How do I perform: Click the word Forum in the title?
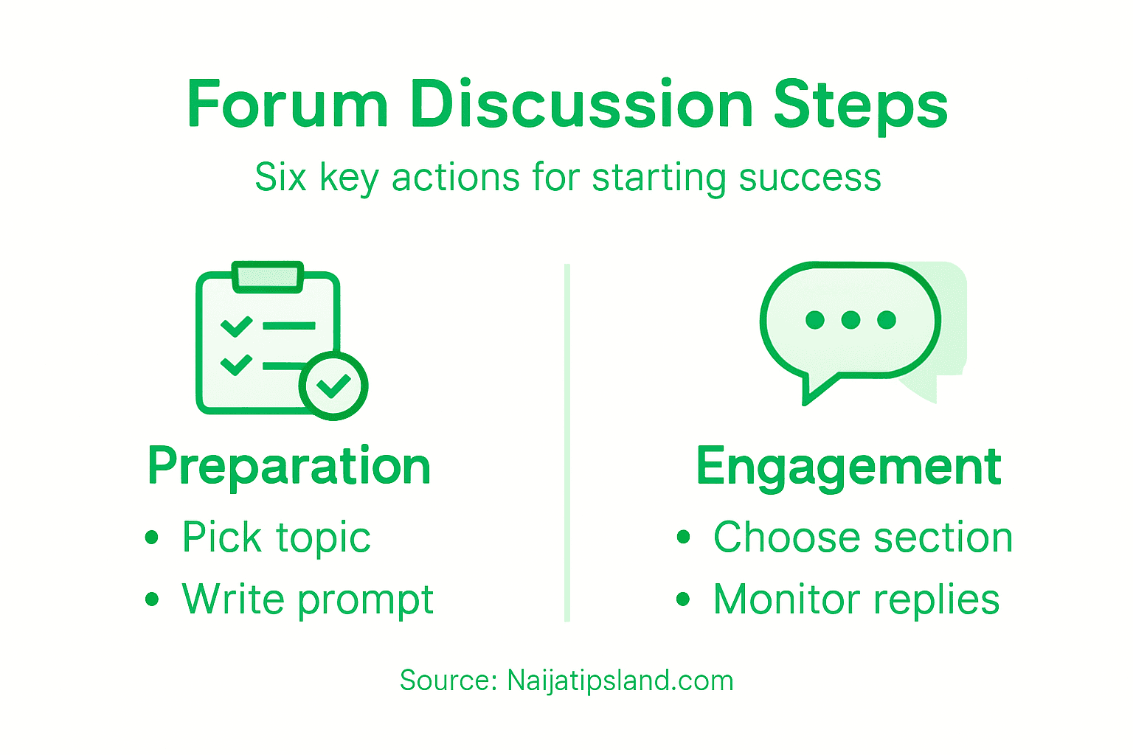coord(288,105)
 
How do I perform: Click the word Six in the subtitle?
coord(280,178)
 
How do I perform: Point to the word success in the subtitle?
coord(810,178)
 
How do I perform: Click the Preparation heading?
coord(289,467)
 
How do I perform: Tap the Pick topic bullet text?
coord(276,537)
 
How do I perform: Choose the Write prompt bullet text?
coord(308,599)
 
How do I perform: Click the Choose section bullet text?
coord(863,537)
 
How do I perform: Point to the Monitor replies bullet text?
coord(856,599)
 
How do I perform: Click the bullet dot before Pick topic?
coord(152,537)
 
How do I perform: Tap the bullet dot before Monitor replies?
coord(683,599)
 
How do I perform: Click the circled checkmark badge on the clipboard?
coord(333,386)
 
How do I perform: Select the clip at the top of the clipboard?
coord(268,276)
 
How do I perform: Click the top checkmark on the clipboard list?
coord(236,325)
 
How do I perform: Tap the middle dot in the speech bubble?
coord(850,320)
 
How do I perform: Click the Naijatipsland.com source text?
coord(620,681)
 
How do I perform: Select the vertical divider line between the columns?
coord(567,442)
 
